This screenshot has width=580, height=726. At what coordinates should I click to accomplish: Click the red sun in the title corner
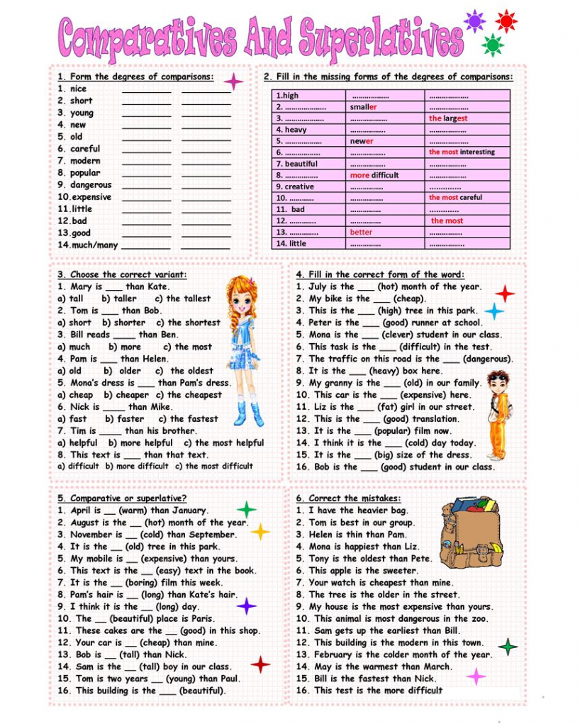506,21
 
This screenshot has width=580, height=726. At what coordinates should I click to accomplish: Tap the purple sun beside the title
474,21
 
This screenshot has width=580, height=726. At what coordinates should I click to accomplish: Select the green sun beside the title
492,45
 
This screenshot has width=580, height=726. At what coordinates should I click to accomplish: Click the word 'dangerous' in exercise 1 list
91,185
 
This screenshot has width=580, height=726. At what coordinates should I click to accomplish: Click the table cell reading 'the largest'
448,118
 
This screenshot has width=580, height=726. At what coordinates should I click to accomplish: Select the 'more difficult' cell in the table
374,175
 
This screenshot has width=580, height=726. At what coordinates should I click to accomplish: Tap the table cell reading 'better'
361,232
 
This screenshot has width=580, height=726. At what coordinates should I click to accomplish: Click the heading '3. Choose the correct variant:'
122,274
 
